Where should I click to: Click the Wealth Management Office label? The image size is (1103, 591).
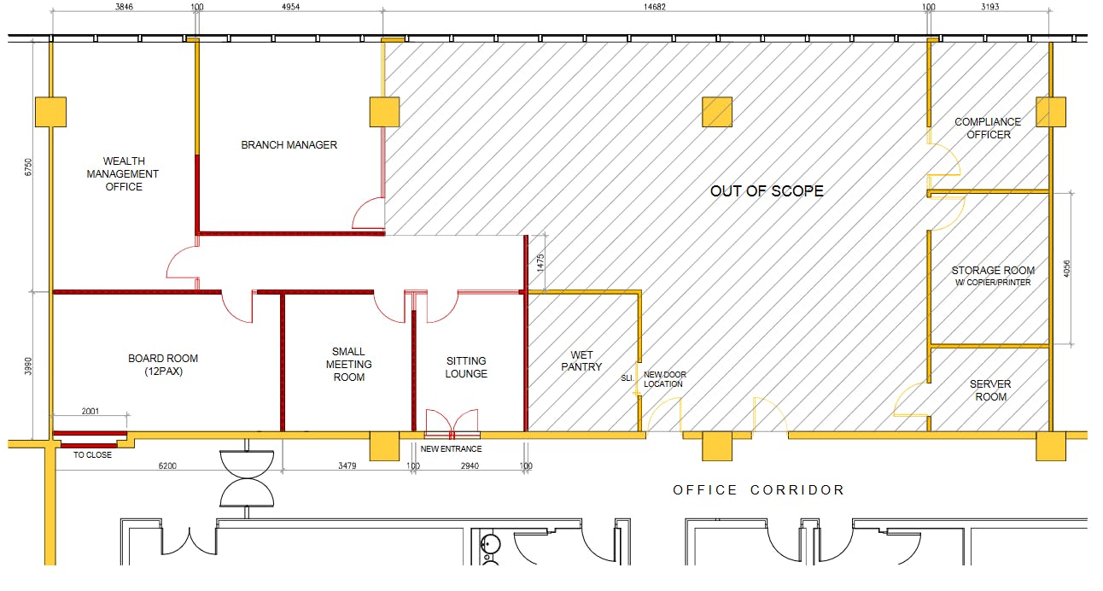tap(124, 173)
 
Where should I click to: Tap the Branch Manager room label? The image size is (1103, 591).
tap(289, 145)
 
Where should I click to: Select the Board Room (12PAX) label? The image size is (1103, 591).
tap(163, 365)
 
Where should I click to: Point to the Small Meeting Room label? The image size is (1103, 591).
tap(348, 364)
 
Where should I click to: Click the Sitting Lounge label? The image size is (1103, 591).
tap(466, 367)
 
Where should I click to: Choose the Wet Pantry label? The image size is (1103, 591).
tap(581, 360)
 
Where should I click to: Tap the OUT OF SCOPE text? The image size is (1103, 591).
tap(767, 191)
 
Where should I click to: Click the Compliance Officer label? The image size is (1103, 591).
tap(989, 128)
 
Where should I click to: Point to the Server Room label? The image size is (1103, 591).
tap(990, 390)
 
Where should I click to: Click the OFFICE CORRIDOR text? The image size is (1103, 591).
tap(758, 490)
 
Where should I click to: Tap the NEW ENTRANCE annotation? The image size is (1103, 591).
tap(451, 449)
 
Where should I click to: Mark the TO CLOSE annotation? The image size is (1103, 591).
tap(92, 455)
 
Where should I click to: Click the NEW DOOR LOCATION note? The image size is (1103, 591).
tap(664, 379)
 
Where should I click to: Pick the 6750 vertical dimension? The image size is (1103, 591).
tap(29, 166)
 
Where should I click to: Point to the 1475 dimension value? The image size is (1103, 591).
tap(540, 263)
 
